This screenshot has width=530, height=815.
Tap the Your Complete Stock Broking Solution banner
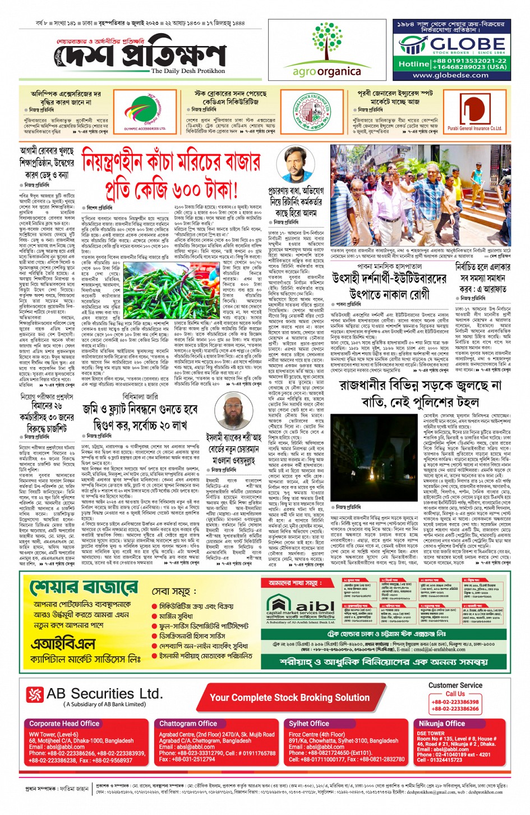click(x=289, y=698)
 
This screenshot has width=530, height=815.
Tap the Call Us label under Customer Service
click(x=455, y=694)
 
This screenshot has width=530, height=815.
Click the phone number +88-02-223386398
click(x=455, y=702)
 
